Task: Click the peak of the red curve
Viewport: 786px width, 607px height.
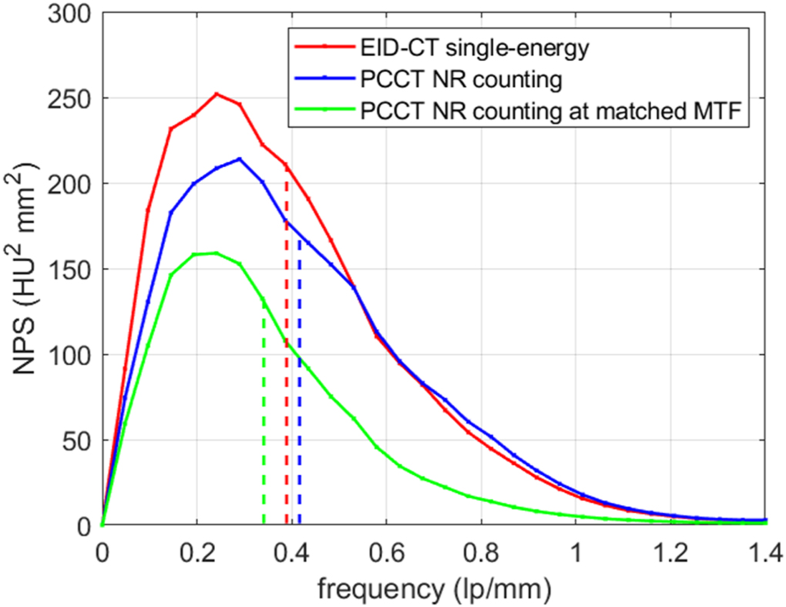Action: point(217,94)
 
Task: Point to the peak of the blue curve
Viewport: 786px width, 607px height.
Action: point(240,159)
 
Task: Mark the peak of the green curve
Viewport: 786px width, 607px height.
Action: point(216,253)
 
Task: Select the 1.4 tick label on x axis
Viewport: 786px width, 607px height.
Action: point(765,552)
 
